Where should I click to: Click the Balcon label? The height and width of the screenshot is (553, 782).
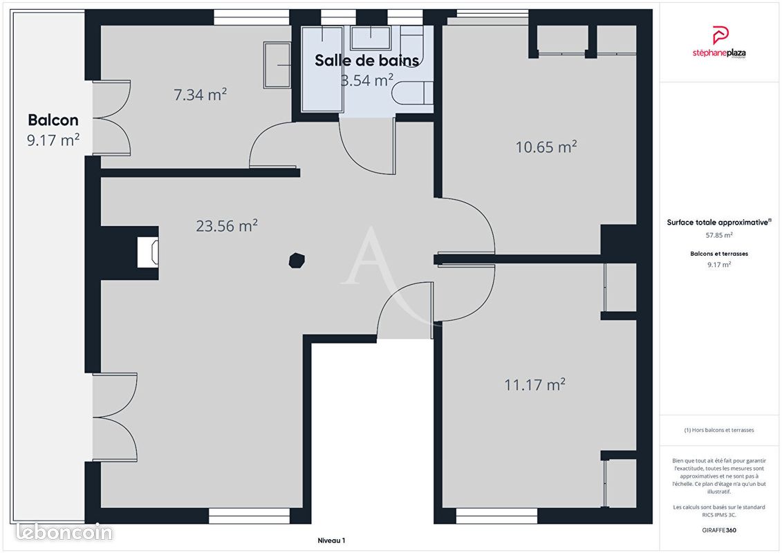53,120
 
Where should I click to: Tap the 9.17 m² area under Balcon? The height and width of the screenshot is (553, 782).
53,140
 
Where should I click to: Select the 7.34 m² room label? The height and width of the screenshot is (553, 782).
200,94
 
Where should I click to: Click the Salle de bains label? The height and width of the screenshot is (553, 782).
366,60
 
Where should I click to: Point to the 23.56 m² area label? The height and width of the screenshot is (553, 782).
226,226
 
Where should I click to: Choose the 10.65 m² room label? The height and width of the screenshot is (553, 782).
546,147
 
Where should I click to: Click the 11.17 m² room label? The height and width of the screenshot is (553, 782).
534,384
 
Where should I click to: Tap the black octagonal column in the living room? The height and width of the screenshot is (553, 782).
297,261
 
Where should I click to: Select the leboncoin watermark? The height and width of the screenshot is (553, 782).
64,532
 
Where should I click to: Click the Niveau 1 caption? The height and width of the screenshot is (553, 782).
331,541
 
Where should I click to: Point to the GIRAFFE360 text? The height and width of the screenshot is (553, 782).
718,530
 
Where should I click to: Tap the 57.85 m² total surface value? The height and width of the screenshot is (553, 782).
718,235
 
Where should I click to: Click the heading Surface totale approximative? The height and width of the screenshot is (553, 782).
718,223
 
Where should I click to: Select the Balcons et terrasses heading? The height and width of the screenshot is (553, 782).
718,254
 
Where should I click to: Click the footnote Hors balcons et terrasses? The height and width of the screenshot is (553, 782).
718,430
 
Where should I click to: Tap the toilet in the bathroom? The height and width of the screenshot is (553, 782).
412,93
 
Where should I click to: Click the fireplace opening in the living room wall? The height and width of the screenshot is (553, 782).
148,252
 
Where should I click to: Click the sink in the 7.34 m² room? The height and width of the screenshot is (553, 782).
277,65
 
